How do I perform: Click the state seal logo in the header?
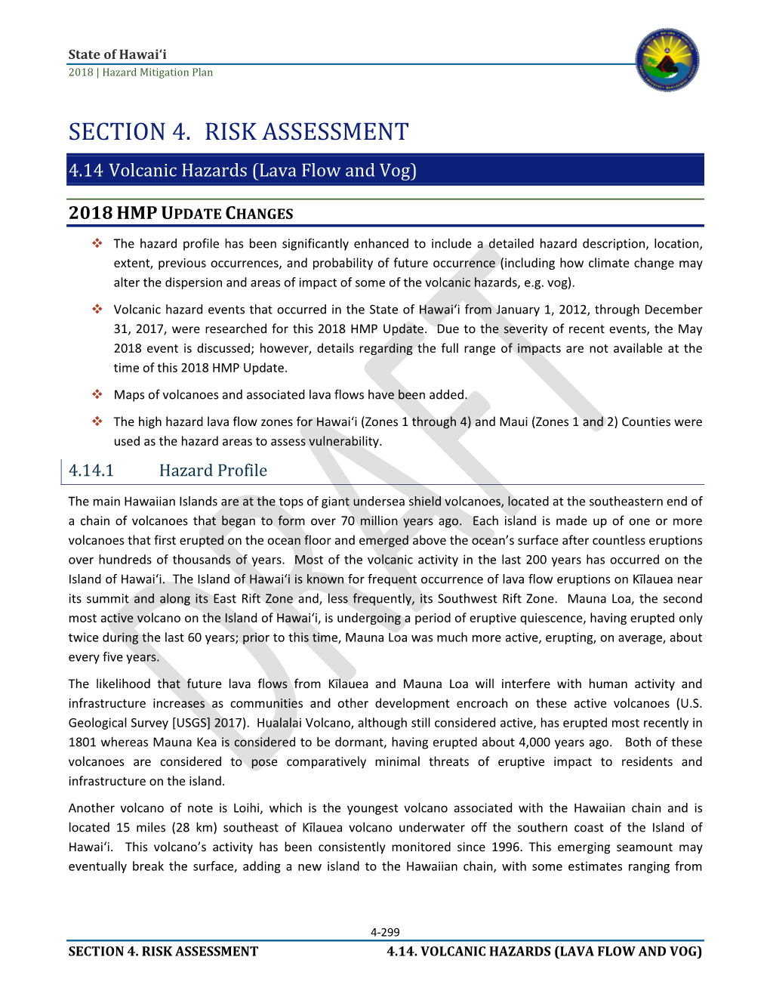click(x=667, y=60)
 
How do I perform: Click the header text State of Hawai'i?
click(x=117, y=54)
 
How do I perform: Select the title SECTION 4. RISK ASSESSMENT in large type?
click(x=238, y=132)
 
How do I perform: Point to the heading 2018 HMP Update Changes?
click(x=180, y=213)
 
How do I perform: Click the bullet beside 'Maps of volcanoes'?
click(x=97, y=394)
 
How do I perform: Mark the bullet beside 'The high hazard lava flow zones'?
click(x=97, y=421)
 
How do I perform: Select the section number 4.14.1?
click(x=91, y=471)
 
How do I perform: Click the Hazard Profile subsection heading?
click(x=213, y=471)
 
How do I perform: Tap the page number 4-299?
click(x=385, y=932)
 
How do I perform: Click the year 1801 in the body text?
click(x=82, y=742)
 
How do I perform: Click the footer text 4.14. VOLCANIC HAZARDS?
click(x=544, y=952)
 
